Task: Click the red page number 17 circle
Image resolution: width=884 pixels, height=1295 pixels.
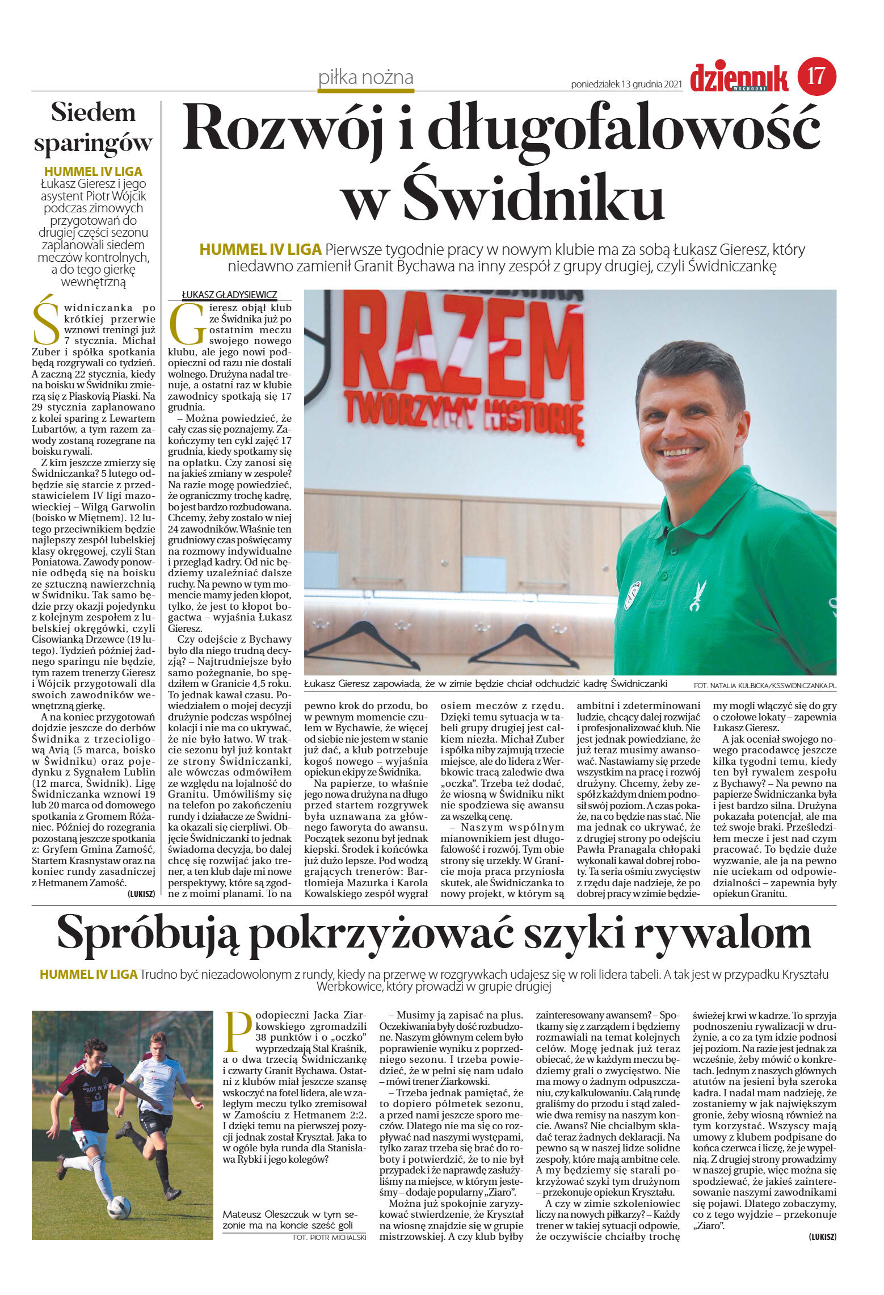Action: (816, 76)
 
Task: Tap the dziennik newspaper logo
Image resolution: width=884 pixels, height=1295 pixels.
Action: (739, 78)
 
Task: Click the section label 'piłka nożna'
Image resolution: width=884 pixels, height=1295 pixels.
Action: (366, 77)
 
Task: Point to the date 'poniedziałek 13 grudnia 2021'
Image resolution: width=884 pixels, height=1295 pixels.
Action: (626, 85)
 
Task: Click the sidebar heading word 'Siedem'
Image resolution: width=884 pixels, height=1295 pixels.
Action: (93, 112)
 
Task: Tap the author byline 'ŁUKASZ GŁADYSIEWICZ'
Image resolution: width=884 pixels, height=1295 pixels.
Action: (229, 295)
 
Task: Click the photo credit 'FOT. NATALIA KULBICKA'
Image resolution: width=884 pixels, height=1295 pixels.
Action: (764, 685)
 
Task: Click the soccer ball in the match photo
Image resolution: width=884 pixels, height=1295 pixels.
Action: (119, 1208)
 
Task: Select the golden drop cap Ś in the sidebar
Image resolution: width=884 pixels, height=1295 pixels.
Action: (45, 321)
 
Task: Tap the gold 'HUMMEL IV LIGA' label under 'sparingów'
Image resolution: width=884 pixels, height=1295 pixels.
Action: (93, 171)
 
